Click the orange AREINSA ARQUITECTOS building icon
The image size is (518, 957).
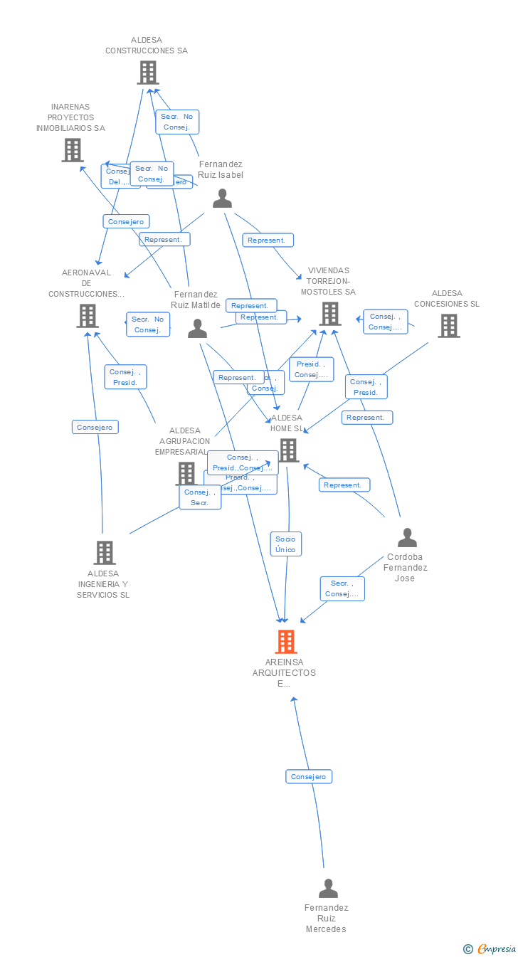[x=285, y=642]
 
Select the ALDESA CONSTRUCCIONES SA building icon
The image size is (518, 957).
[x=147, y=73]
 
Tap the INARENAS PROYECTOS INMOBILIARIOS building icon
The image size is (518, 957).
[x=72, y=150]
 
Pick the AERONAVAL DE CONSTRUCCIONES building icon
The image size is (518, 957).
[x=88, y=315]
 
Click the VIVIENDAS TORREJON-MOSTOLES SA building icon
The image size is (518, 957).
[x=329, y=313]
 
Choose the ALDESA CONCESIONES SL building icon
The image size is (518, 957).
[x=448, y=325]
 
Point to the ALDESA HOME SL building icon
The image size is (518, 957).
[x=288, y=450]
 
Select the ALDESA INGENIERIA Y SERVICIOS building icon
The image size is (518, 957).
[x=104, y=553]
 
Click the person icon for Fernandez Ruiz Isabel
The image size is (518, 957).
[x=222, y=199]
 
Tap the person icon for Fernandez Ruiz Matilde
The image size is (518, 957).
[x=197, y=329]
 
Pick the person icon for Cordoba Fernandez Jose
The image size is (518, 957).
[x=407, y=537]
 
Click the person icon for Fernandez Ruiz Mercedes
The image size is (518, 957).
[x=327, y=888]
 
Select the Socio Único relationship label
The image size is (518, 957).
[x=285, y=544]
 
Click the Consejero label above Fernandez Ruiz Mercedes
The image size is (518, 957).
[x=309, y=776]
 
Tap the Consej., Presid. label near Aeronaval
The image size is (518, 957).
[x=126, y=377]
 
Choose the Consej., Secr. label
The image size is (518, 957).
[x=200, y=497]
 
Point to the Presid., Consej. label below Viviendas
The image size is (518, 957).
[x=311, y=369]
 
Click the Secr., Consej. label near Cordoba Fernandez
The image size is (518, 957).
[x=342, y=588]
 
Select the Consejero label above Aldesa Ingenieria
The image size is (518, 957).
[x=95, y=427]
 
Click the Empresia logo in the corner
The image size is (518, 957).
[x=490, y=948]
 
